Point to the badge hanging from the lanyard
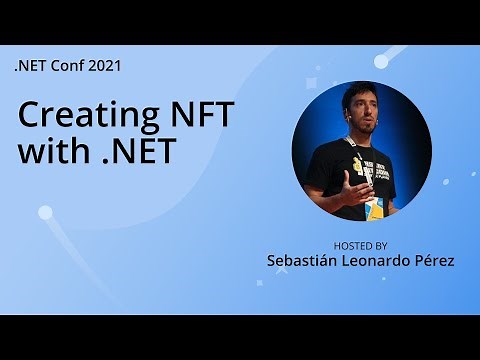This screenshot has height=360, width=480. point(374,207)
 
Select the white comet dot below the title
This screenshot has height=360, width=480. point(45,212)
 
